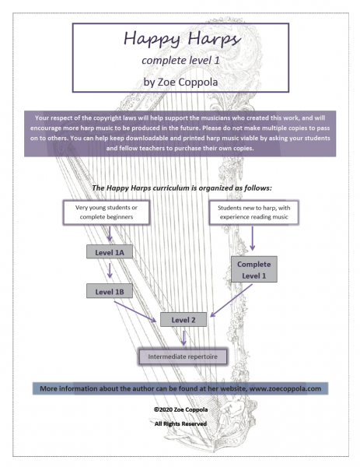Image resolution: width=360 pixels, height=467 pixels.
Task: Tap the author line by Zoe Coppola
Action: coord(180,80)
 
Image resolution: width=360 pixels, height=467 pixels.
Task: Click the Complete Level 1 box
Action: coord(253,270)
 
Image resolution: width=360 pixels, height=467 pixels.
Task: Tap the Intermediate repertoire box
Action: coord(183,357)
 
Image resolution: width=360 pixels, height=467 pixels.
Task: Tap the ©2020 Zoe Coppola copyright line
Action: coord(180,407)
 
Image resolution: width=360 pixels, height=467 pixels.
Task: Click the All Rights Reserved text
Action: coord(180,423)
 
